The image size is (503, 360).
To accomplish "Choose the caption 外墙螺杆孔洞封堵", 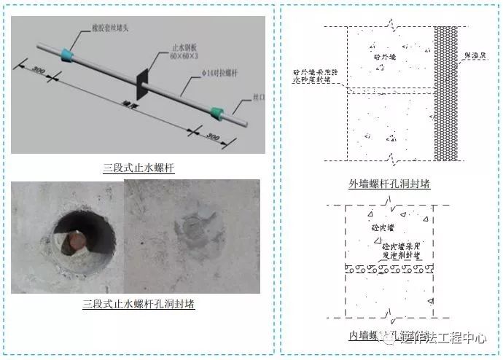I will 390,184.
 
